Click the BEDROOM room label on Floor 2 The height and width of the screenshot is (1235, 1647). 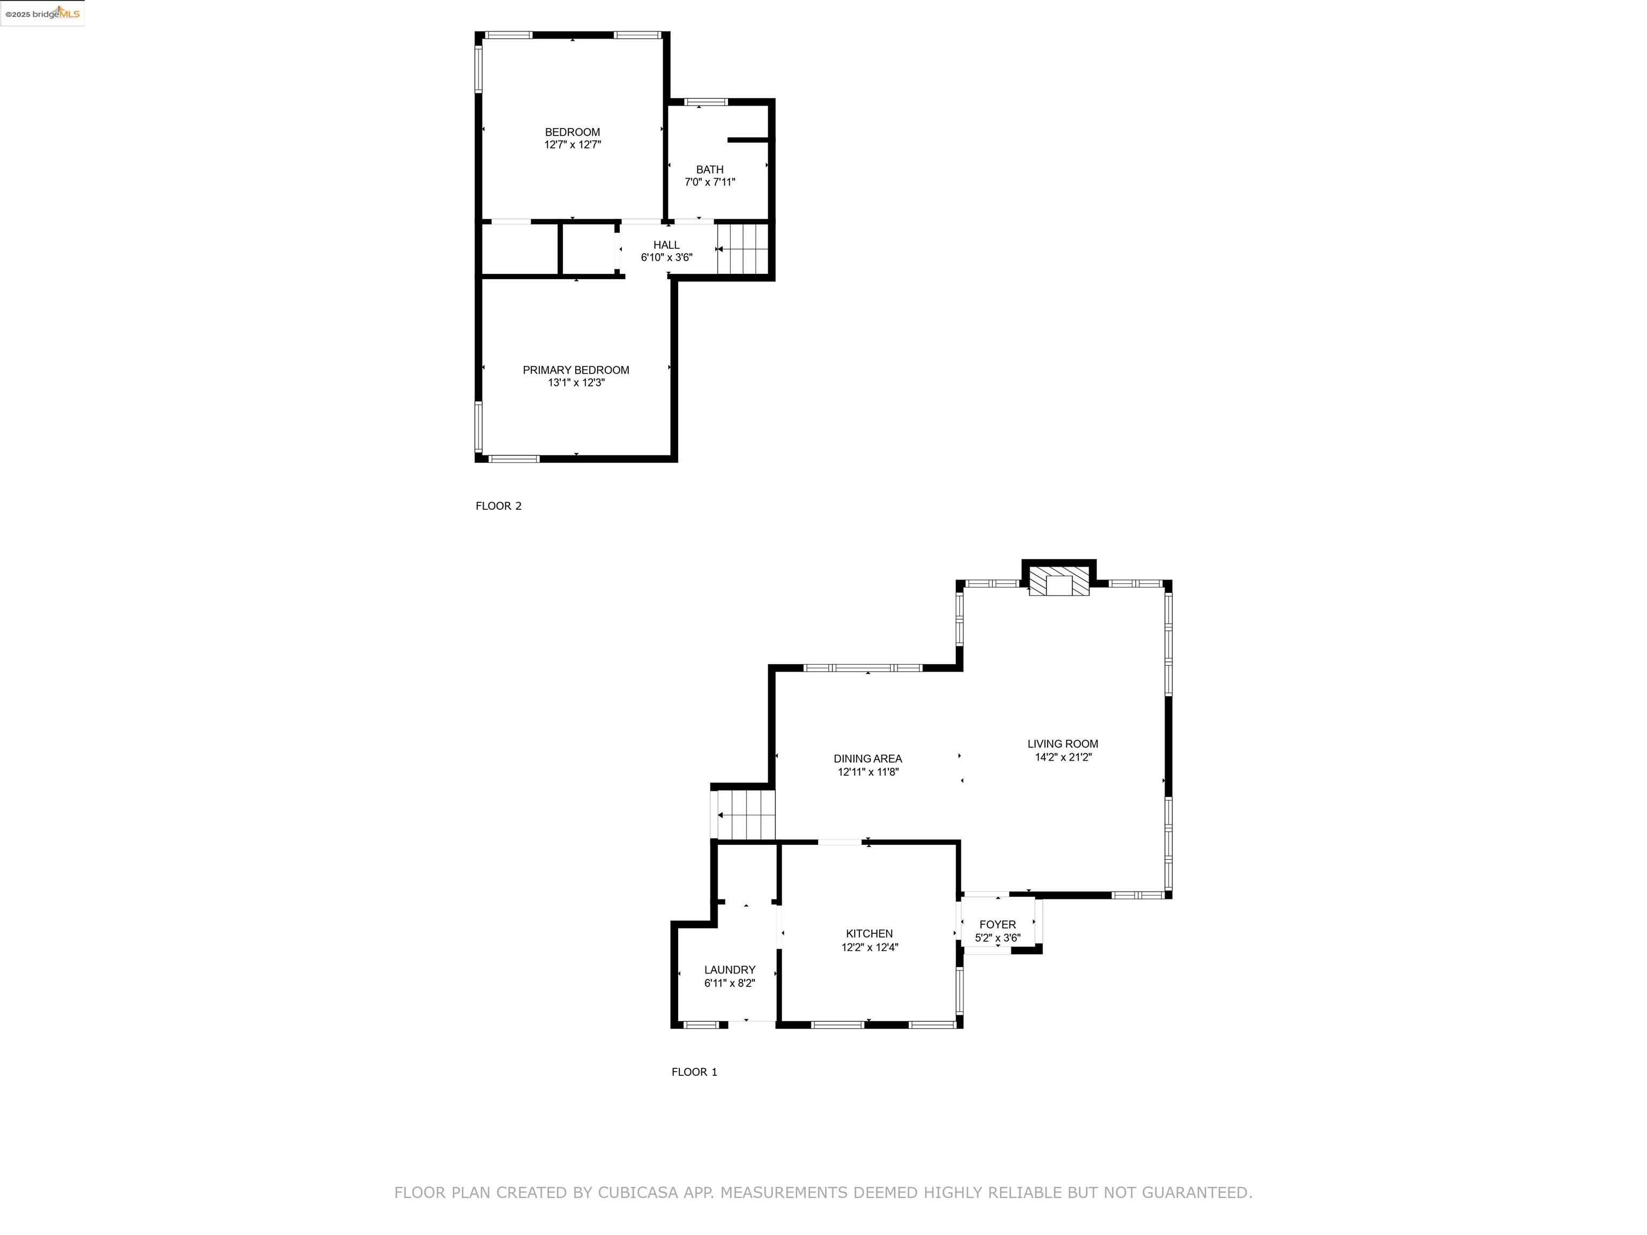(572, 132)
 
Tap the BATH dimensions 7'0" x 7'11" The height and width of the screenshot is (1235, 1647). (710, 182)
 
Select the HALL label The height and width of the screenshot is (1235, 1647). (666, 245)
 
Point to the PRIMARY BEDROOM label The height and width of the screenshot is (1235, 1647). (576, 370)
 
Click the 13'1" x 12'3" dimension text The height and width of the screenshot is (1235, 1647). (576, 383)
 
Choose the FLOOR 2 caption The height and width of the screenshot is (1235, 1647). (499, 506)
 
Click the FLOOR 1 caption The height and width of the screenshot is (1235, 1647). (694, 1072)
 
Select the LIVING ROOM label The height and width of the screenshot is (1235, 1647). (1063, 743)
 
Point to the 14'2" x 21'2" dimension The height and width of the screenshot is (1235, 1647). (1063, 757)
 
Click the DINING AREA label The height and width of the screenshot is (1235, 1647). (867, 758)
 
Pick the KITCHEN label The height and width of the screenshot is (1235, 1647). (869, 934)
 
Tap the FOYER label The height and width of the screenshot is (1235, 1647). (997, 925)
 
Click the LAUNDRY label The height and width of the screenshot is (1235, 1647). (730, 970)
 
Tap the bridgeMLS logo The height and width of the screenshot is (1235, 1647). (42, 13)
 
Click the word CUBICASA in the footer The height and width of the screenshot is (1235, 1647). (638, 1193)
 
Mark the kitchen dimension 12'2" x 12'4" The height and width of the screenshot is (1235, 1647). (870, 948)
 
